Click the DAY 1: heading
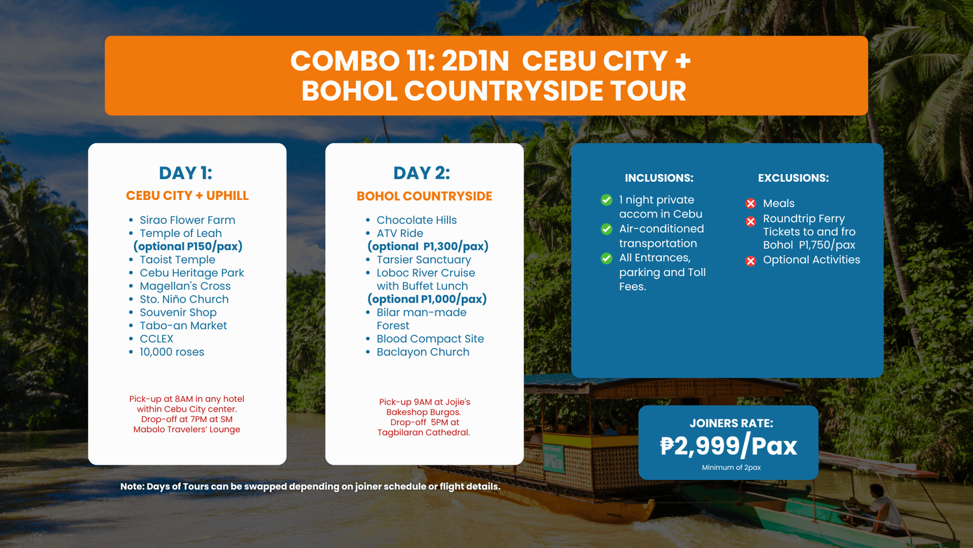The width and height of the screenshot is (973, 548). pos(186,173)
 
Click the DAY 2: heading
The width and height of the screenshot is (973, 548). pos(422,173)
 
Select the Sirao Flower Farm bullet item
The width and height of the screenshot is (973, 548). pos(187,220)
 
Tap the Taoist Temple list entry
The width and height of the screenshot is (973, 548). pos(177,260)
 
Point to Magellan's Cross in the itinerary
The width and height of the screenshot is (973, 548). pos(185,286)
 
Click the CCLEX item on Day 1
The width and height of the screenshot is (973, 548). pos(156,339)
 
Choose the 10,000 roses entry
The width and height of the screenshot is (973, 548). pos(172,352)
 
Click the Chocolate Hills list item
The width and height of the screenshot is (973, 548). pos(416,220)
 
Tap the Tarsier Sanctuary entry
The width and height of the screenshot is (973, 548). pos(424,260)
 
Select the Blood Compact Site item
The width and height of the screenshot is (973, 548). pos(430,339)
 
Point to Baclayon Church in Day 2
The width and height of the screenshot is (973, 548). pos(423,352)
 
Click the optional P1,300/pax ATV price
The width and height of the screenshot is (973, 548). pos(428,247)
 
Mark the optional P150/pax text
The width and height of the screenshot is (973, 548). pos(187,247)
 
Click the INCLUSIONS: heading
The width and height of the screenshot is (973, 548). pos(659,178)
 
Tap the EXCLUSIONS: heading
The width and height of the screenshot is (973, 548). pos(793,178)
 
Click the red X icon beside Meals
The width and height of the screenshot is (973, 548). pos(751,203)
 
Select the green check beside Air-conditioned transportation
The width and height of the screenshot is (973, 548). pos(607,229)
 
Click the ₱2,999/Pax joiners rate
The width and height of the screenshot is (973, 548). pos(728,446)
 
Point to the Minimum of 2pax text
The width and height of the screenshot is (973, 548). pos(731,467)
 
